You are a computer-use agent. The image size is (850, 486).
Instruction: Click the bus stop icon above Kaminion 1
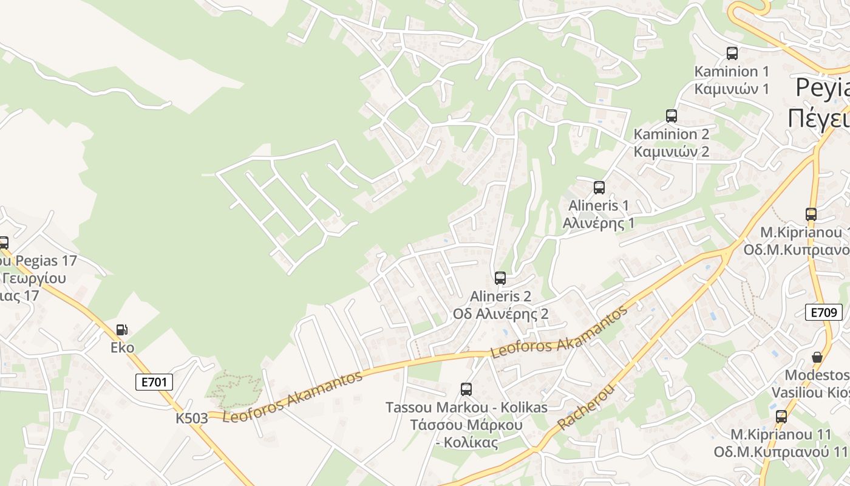coord(732,53)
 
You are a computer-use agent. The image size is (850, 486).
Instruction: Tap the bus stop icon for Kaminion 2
coord(671,115)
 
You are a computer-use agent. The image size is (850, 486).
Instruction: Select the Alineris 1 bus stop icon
coord(599,187)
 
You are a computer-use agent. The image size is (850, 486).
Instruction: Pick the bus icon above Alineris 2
coord(500,278)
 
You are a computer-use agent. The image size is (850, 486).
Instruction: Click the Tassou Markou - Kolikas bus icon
coord(466,389)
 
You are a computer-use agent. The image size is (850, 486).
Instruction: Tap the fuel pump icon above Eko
coord(122,329)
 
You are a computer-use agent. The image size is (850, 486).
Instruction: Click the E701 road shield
coord(154,382)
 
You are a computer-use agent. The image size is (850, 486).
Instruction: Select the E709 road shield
coord(824,312)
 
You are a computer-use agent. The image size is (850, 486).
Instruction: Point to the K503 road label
coord(192,418)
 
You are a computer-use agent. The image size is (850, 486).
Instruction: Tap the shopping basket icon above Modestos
coord(817,357)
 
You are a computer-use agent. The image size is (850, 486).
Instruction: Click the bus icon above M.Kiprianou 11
coord(781,416)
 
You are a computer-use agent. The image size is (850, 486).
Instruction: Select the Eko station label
coord(122,347)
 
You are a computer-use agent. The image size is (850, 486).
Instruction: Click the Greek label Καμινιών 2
coord(671,151)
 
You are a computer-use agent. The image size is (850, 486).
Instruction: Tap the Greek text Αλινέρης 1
coord(599,223)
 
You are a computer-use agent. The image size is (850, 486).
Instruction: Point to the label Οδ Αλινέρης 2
coord(500,314)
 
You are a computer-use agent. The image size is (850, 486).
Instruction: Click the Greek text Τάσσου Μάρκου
coord(466,425)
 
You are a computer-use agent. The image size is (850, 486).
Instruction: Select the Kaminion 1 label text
coord(732,71)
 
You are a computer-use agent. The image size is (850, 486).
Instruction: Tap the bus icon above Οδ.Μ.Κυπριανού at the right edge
coord(811,214)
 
